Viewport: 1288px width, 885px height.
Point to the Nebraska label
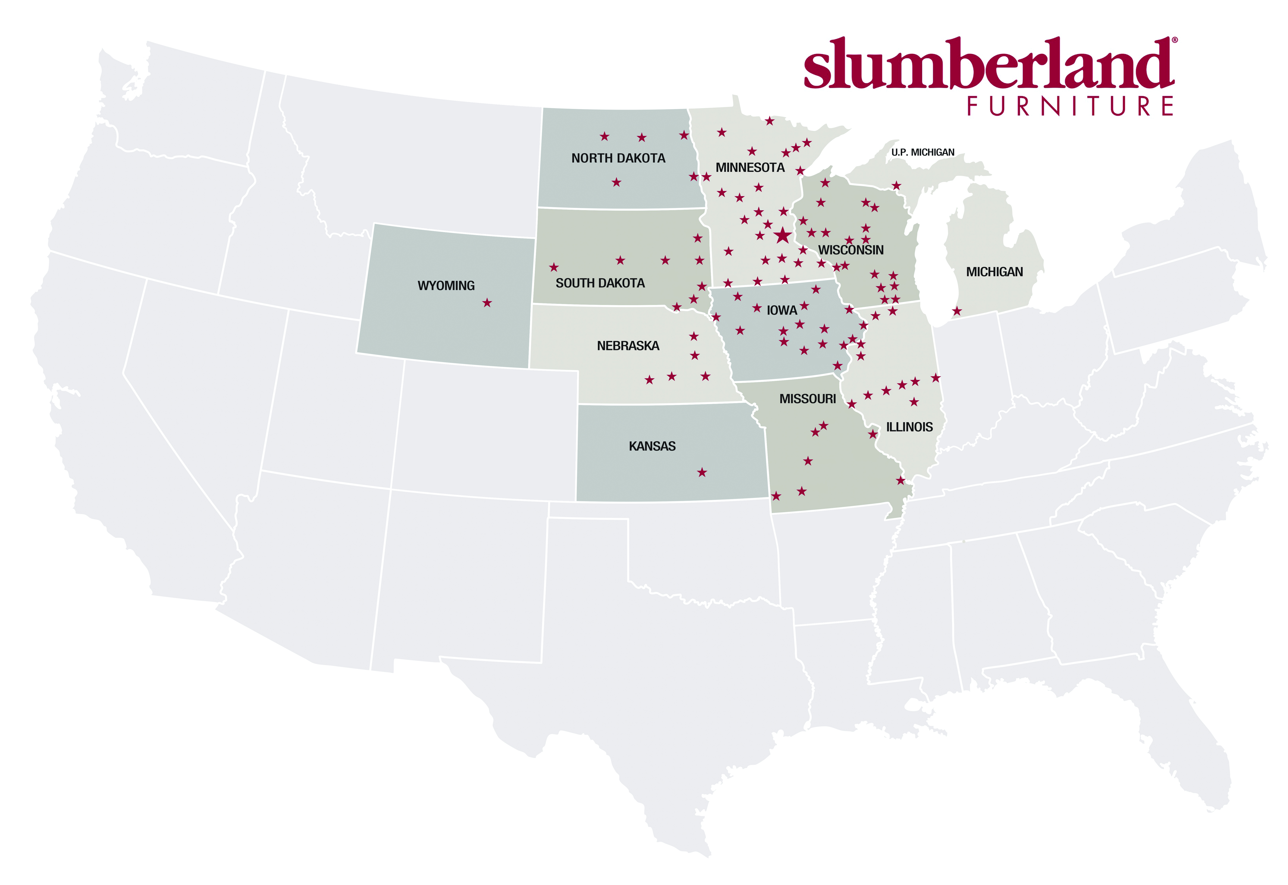tap(628, 346)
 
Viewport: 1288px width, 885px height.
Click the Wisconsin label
tap(851, 250)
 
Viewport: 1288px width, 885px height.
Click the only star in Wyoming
tap(487, 303)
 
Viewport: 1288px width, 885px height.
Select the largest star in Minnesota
tap(782, 235)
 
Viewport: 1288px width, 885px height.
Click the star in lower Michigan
tap(957, 311)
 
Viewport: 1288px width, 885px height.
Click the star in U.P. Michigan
tap(896, 185)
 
